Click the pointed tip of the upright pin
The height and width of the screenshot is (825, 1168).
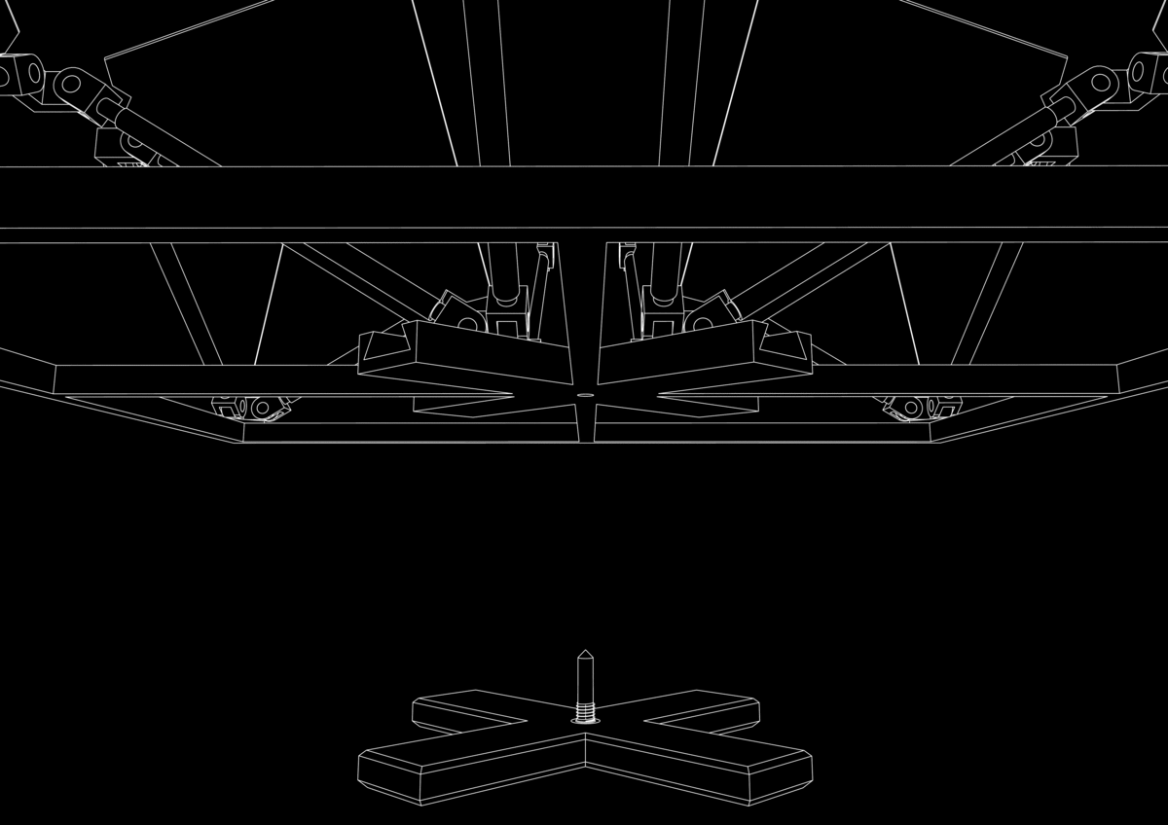click(x=584, y=652)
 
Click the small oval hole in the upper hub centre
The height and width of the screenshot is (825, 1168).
click(x=584, y=396)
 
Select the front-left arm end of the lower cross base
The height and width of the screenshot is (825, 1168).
click(x=389, y=778)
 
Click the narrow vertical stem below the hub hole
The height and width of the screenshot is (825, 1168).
click(x=584, y=423)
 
